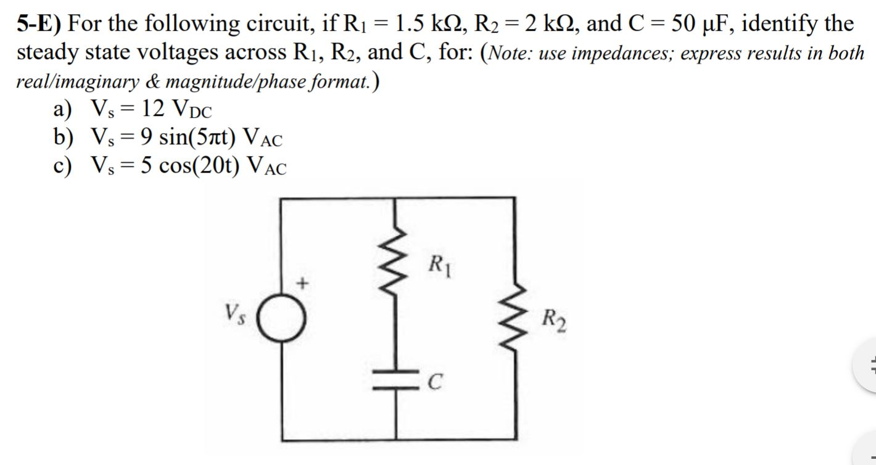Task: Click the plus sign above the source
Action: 302,283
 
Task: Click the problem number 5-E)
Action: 38,23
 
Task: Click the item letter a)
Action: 63,110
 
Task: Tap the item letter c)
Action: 63,165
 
